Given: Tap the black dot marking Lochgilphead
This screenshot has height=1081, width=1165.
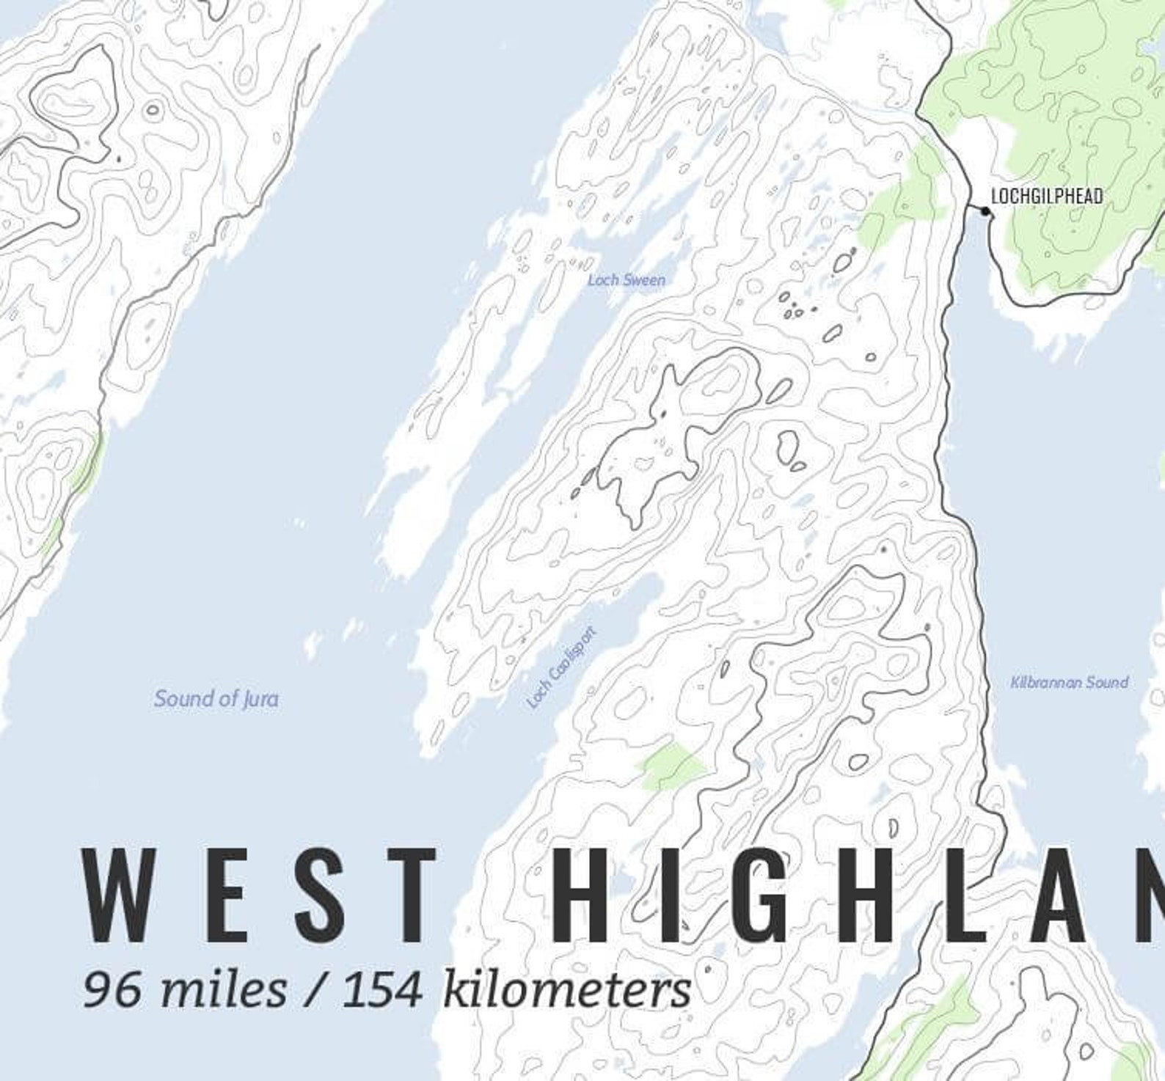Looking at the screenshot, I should point(985,212).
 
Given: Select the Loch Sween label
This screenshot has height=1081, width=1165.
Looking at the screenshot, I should point(627,280).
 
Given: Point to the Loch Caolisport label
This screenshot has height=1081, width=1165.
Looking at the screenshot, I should point(562,668).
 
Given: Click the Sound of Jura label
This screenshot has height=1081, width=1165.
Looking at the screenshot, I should point(216,699).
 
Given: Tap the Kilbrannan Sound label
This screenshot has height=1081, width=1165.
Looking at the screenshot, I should point(1069,683).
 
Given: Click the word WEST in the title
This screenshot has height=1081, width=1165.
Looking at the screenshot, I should point(258,895).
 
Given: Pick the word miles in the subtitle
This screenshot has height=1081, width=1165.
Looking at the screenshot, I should point(224,990).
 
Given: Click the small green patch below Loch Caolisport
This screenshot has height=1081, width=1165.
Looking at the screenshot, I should point(671,766).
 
